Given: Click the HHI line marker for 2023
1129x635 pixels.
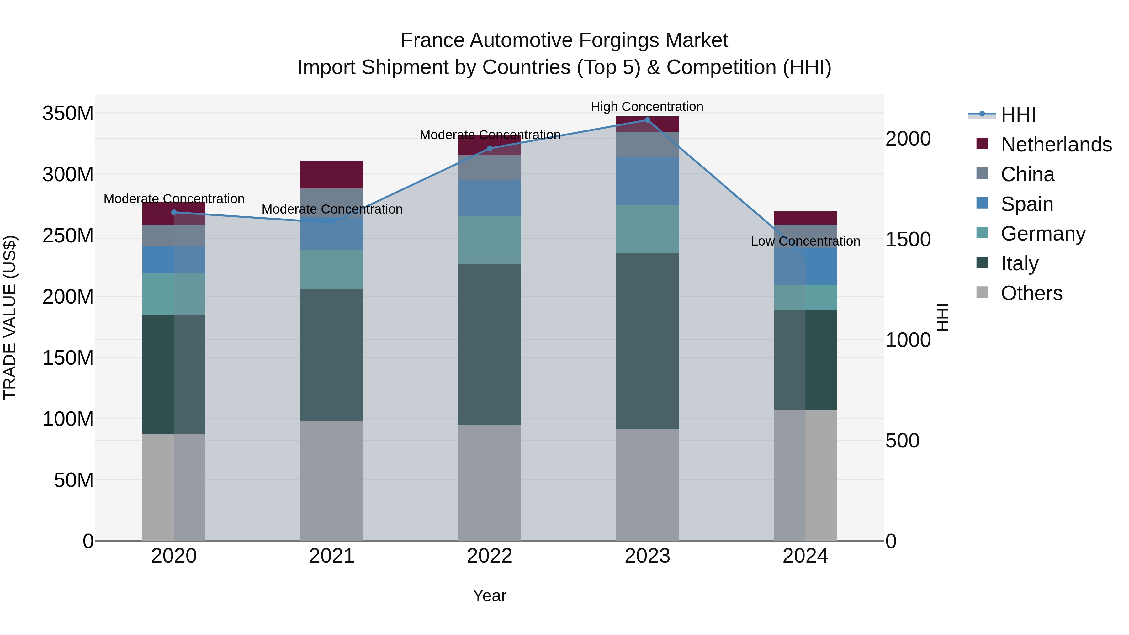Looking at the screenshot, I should point(647,120).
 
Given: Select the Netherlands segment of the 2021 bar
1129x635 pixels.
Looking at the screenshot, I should point(332,175).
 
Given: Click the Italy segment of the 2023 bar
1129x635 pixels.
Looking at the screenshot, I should point(647,341).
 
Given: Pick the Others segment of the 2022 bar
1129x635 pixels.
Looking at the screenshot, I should point(490,483).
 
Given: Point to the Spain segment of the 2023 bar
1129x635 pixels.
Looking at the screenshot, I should point(647,181).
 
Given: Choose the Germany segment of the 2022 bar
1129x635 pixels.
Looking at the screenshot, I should point(490,240).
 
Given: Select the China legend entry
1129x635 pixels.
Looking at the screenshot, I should point(1027,174).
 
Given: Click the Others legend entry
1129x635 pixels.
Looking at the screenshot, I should point(1031,293).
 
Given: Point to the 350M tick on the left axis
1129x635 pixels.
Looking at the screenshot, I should point(68,114).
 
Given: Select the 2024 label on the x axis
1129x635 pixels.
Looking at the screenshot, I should point(805,556).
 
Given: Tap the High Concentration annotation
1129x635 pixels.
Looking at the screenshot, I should point(647,107).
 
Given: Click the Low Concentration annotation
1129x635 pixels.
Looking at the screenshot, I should point(805,241).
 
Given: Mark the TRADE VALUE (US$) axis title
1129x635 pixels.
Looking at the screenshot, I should point(10,317).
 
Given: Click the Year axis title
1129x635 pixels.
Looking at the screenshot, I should point(490,595).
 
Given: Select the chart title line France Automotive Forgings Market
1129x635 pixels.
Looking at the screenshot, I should point(564,40).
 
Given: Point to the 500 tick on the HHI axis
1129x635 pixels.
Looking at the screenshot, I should point(902,441).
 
